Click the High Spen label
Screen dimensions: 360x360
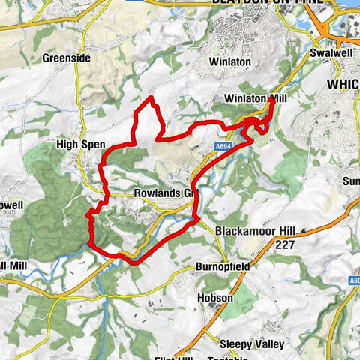[x=80, y=143]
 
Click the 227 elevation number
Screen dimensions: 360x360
[x=283, y=244]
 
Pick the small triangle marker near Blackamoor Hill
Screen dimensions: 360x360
[x=304, y=230]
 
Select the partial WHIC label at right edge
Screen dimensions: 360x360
[x=343, y=85]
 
